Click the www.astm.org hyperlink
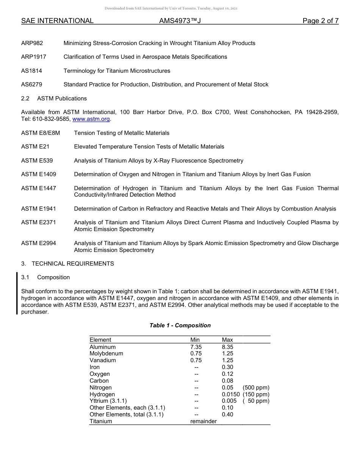[91, 119]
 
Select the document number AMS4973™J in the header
[180, 21]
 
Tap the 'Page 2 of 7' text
[320, 21]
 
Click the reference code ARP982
[32, 43]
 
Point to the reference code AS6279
[31, 84]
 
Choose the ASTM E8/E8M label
[41, 133]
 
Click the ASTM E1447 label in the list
[39, 188]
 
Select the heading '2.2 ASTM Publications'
[54, 99]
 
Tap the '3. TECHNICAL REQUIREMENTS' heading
[67, 264]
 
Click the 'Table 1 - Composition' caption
[180, 325]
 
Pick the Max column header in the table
[227, 340]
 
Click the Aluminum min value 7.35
[196, 347]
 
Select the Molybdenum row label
[106, 353]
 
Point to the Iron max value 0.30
[227, 367]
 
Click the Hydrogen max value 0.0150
[231, 394]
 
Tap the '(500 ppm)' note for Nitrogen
[256, 388]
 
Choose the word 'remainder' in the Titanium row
[203, 421]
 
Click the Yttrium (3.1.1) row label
[108, 401]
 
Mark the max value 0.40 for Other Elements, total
[227, 414]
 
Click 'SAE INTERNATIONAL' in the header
[57, 21]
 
